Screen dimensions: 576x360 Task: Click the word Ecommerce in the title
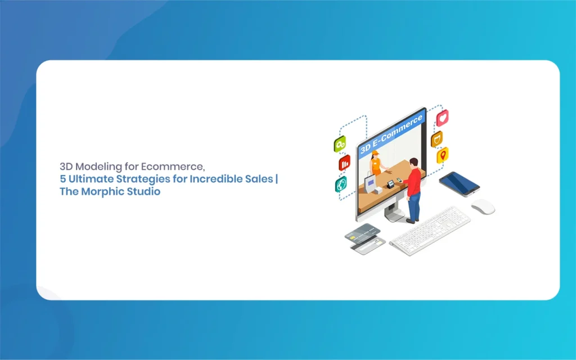pos(173,166)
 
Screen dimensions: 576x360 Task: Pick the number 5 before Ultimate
pos(63,179)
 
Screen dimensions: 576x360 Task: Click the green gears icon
pos(340,144)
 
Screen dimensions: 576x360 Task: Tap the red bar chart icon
pos(344,163)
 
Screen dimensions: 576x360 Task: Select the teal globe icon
pos(341,184)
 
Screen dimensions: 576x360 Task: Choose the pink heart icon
pos(442,118)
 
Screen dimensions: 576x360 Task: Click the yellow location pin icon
pos(443,155)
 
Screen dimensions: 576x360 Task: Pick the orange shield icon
pos(436,139)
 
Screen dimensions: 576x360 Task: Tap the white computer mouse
pos(483,206)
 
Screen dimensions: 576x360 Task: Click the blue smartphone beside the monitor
pos(459,184)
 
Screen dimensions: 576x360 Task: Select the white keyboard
pos(430,231)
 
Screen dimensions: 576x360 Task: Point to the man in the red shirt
pos(413,191)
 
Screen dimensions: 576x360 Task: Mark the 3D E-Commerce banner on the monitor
pos(391,134)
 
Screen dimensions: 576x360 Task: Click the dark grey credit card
pos(363,233)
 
